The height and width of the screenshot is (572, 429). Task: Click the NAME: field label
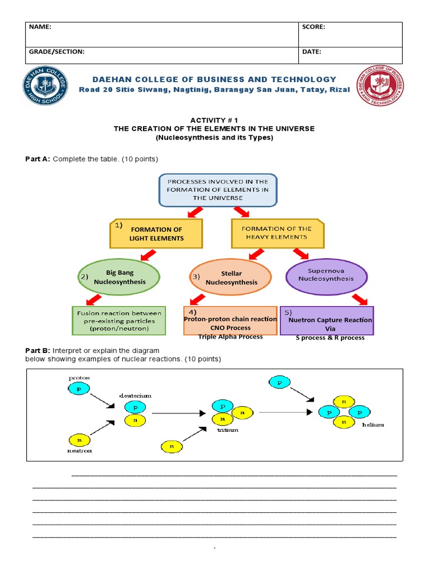(40, 27)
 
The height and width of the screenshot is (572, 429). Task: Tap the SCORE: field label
(314, 27)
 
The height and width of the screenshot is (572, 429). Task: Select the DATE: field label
(312, 51)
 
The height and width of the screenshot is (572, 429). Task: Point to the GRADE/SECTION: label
(56, 51)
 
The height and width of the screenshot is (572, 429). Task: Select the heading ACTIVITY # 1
(214, 120)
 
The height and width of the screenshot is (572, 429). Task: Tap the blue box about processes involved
(214, 190)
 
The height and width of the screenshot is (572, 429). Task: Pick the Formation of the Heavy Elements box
(278, 232)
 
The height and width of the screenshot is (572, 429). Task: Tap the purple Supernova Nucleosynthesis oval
(326, 275)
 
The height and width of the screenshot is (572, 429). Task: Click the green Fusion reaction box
(119, 321)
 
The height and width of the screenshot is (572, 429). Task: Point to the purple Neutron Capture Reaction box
(327, 321)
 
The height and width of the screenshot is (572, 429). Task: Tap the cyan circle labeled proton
(79, 389)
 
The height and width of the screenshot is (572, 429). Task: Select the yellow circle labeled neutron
(79, 440)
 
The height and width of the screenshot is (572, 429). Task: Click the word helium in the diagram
(373, 425)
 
